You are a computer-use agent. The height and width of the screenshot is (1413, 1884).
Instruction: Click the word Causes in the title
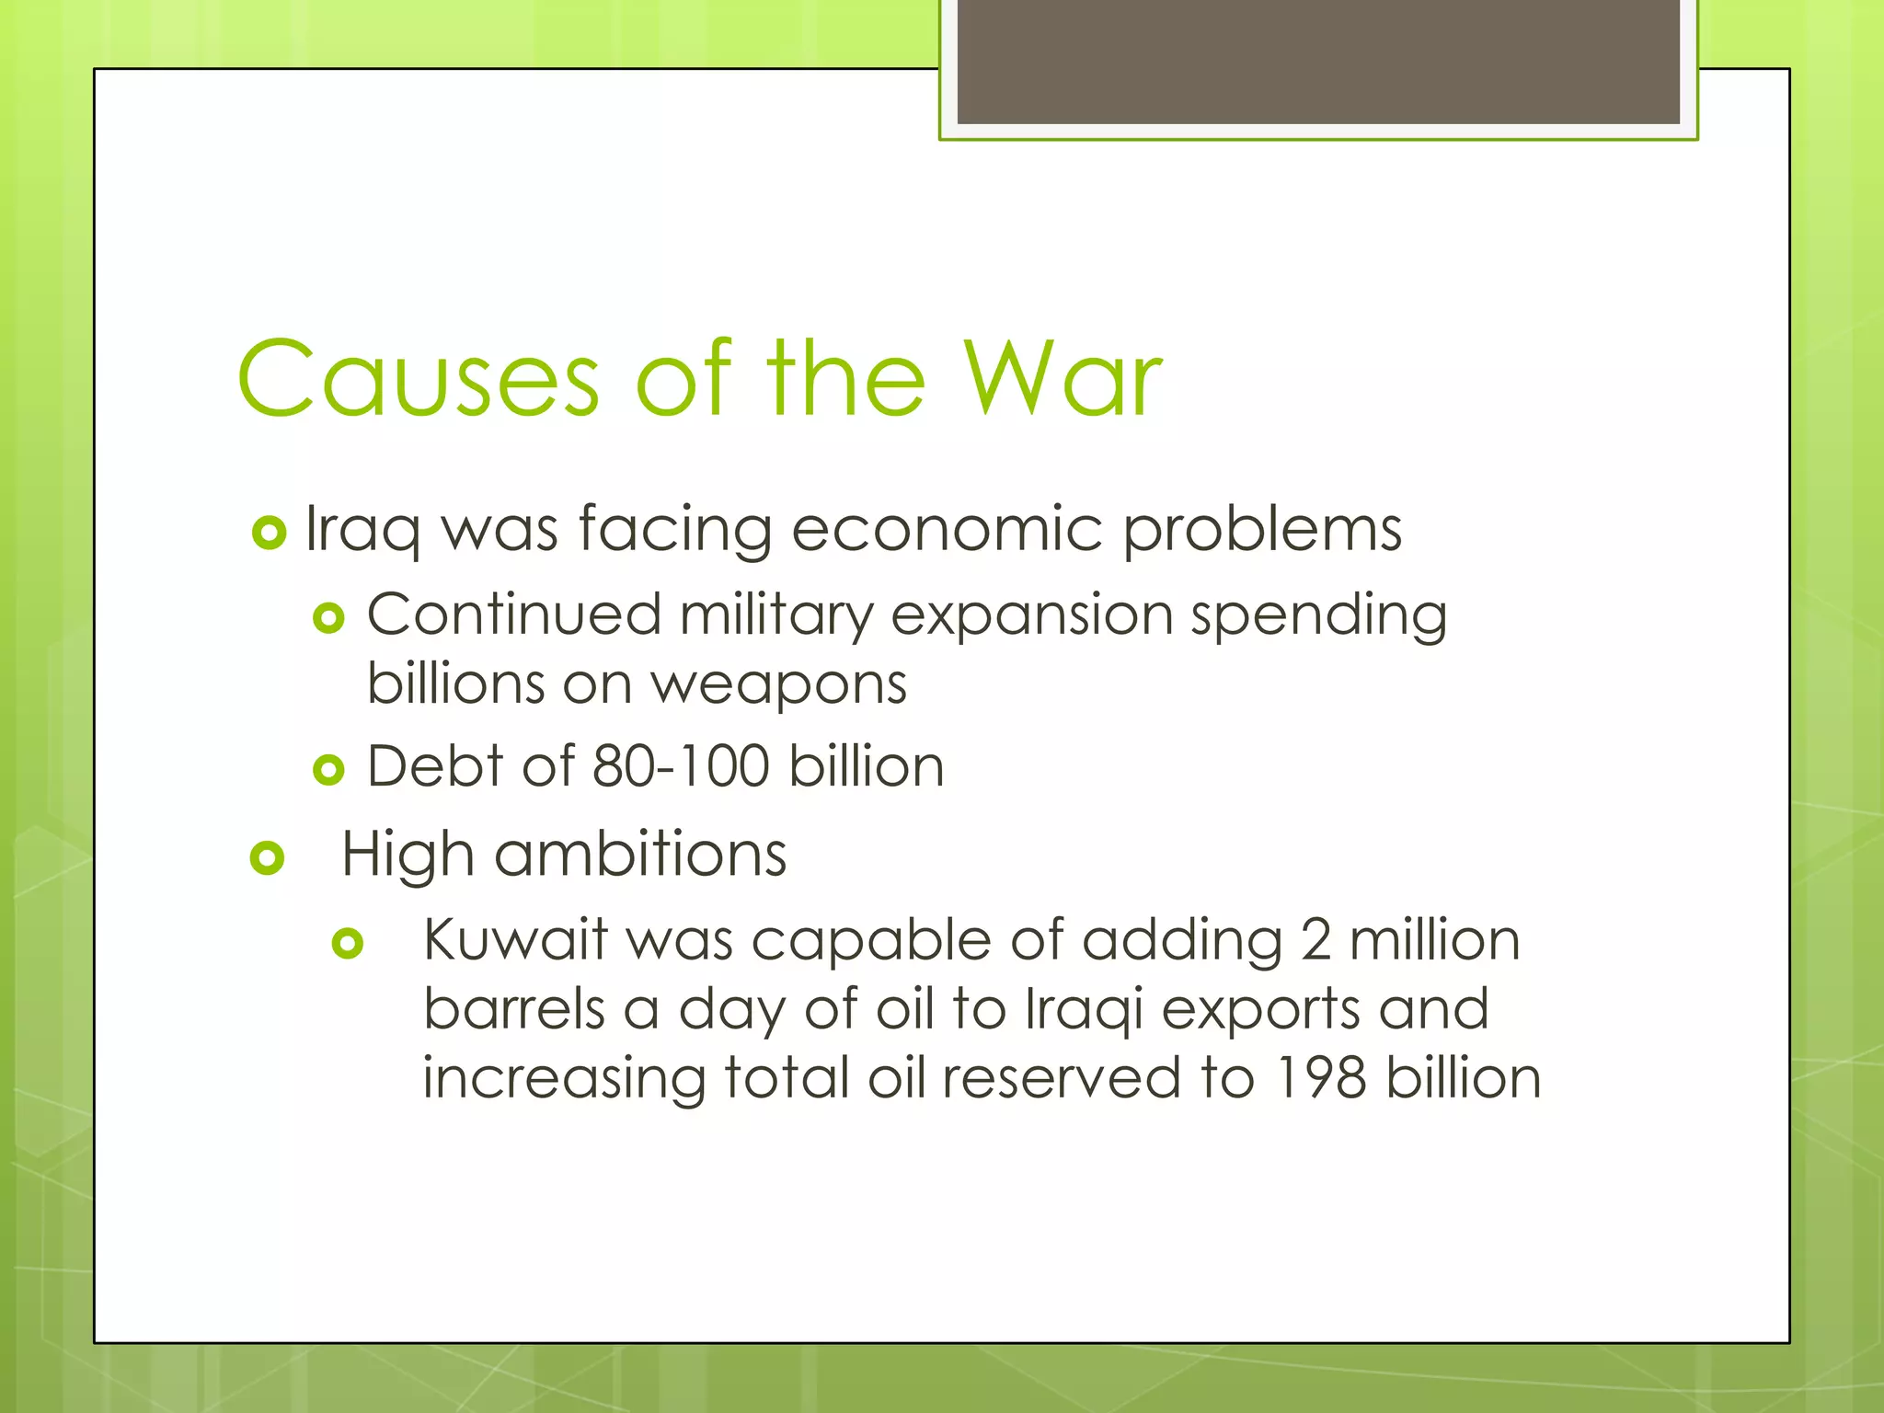419,379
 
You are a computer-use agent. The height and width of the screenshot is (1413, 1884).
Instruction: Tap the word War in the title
1063,379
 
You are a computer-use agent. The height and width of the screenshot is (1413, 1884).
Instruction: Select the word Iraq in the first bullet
362,531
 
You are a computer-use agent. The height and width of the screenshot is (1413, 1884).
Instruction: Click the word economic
947,531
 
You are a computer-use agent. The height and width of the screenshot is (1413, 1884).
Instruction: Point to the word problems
1262,531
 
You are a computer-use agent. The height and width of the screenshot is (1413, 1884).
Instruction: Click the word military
775,615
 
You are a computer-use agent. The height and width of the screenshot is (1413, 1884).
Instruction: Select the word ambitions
640,855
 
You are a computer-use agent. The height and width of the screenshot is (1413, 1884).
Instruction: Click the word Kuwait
515,940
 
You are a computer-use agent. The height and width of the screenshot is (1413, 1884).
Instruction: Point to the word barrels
513,1009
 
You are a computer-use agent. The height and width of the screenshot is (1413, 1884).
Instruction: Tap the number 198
1320,1078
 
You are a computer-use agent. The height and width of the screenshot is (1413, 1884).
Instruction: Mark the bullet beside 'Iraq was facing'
269,533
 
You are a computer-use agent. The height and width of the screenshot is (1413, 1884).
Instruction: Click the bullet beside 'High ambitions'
267,857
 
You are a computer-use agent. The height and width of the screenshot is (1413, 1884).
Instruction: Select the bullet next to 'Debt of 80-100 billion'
328,769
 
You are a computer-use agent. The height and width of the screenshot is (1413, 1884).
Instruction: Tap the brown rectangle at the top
1317,61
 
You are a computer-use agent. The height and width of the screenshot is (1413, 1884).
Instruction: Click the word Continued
514,615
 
